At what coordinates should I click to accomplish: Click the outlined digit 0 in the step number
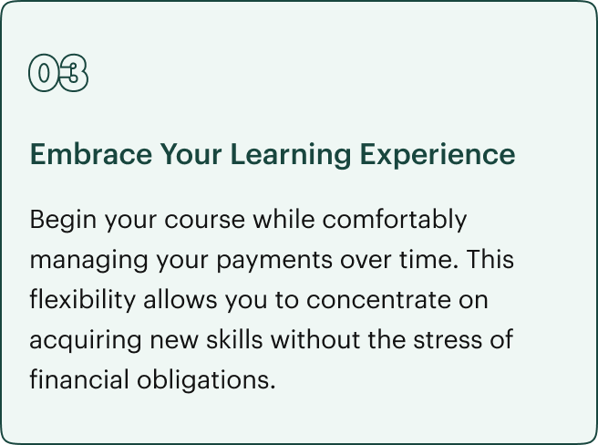45,73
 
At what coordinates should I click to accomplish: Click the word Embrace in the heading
91,154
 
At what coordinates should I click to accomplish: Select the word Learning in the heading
291,155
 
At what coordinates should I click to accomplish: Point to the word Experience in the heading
438,155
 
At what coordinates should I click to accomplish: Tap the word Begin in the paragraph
63,221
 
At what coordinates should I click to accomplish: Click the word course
205,221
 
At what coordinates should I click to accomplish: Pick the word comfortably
395,221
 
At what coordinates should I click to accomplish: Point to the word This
490,259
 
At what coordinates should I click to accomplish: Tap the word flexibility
83,300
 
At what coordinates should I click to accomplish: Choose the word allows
180,299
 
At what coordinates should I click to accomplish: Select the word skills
234,339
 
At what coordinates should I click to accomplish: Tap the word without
315,339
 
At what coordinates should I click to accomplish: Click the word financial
79,379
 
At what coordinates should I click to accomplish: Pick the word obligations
206,380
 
